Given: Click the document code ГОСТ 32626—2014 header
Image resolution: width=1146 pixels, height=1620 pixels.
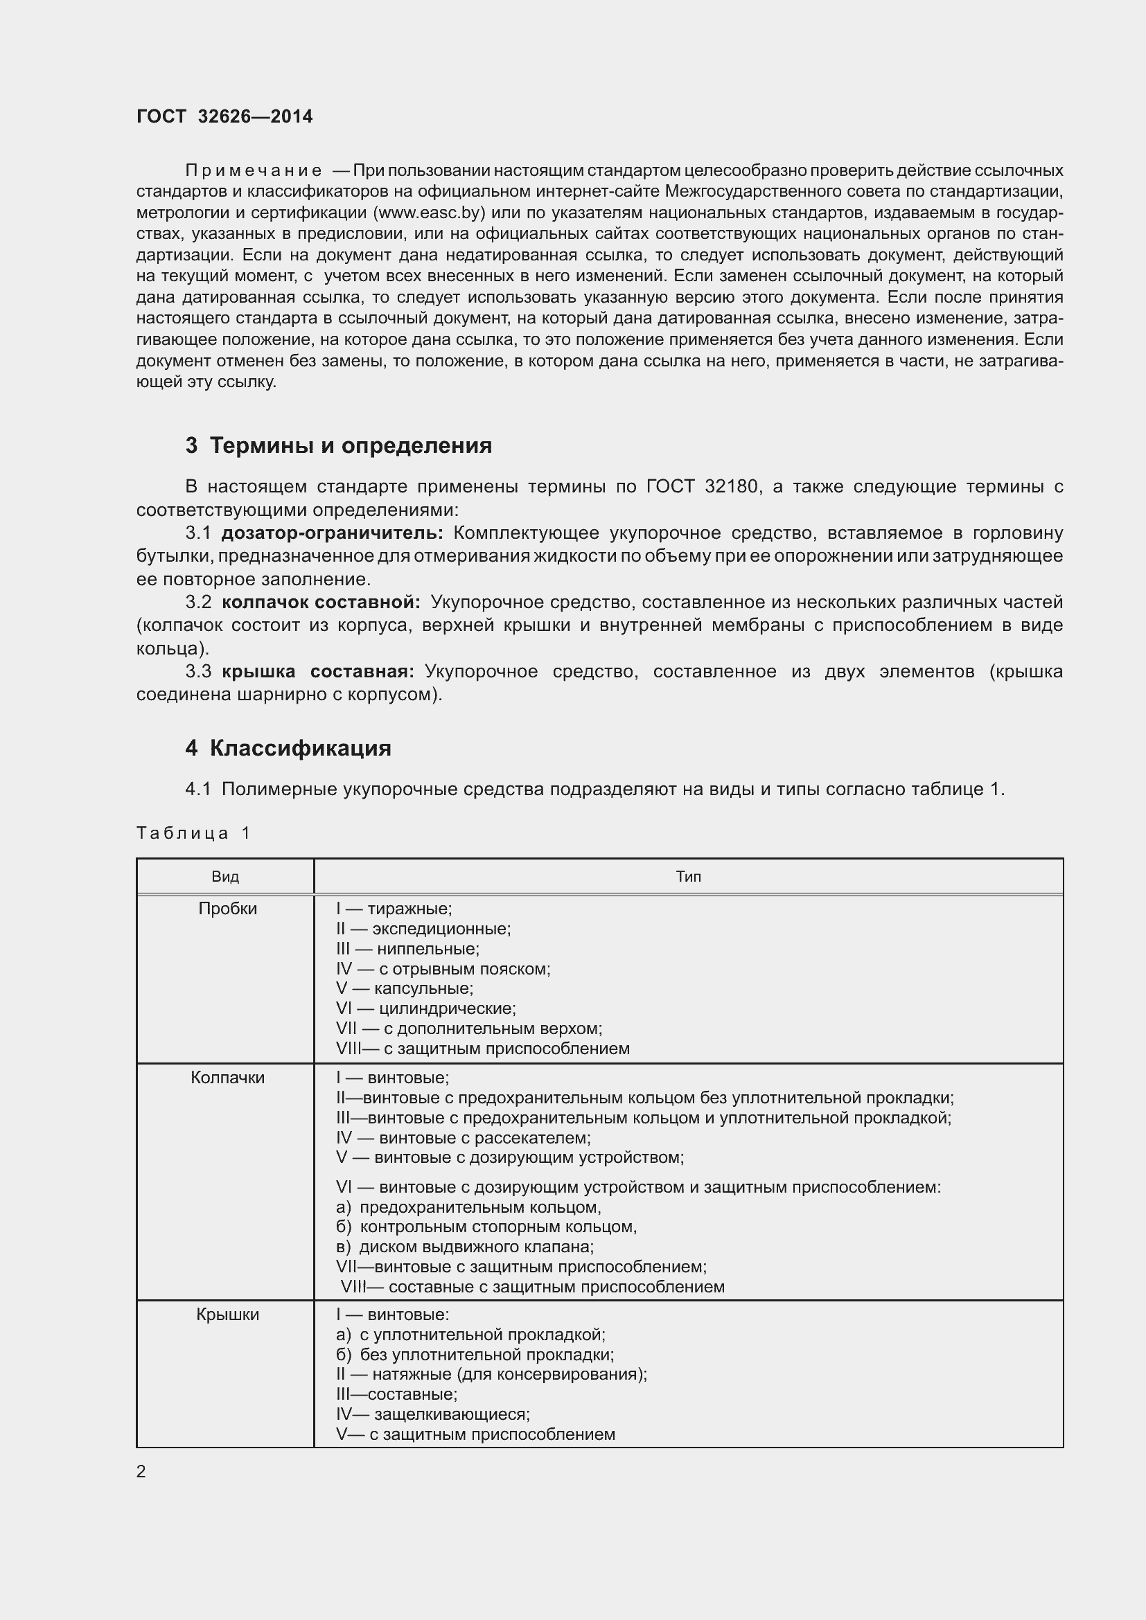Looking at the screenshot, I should (x=224, y=116).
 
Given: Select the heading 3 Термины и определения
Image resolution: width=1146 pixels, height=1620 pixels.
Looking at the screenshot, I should (x=339, y=446).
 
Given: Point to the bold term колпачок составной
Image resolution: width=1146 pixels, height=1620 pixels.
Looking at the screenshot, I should (x=321, y=602).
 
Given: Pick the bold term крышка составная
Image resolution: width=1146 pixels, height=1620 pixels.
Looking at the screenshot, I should (x=318, y=671).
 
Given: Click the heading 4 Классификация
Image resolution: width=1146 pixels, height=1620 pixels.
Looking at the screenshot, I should (x=288, y=748).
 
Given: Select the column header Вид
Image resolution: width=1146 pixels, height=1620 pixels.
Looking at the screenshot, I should (x=225, y=876).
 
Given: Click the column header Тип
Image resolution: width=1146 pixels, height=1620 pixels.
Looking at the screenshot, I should (x=688, y=876).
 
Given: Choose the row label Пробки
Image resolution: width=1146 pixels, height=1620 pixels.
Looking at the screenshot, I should (x=227, y=909).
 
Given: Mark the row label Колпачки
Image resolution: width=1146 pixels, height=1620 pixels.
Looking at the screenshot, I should (x=227, y=1078).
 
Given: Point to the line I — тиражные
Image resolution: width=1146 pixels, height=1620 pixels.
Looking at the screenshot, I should (x=394, y=909).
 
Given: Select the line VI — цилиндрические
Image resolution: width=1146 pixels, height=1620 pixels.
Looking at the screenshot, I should (x=425, y=1008).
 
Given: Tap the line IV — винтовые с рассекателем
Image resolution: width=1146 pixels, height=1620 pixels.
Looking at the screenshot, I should (x=463, y=1137).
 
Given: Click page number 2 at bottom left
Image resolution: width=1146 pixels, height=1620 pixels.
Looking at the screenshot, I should (x=141, y=1471).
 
